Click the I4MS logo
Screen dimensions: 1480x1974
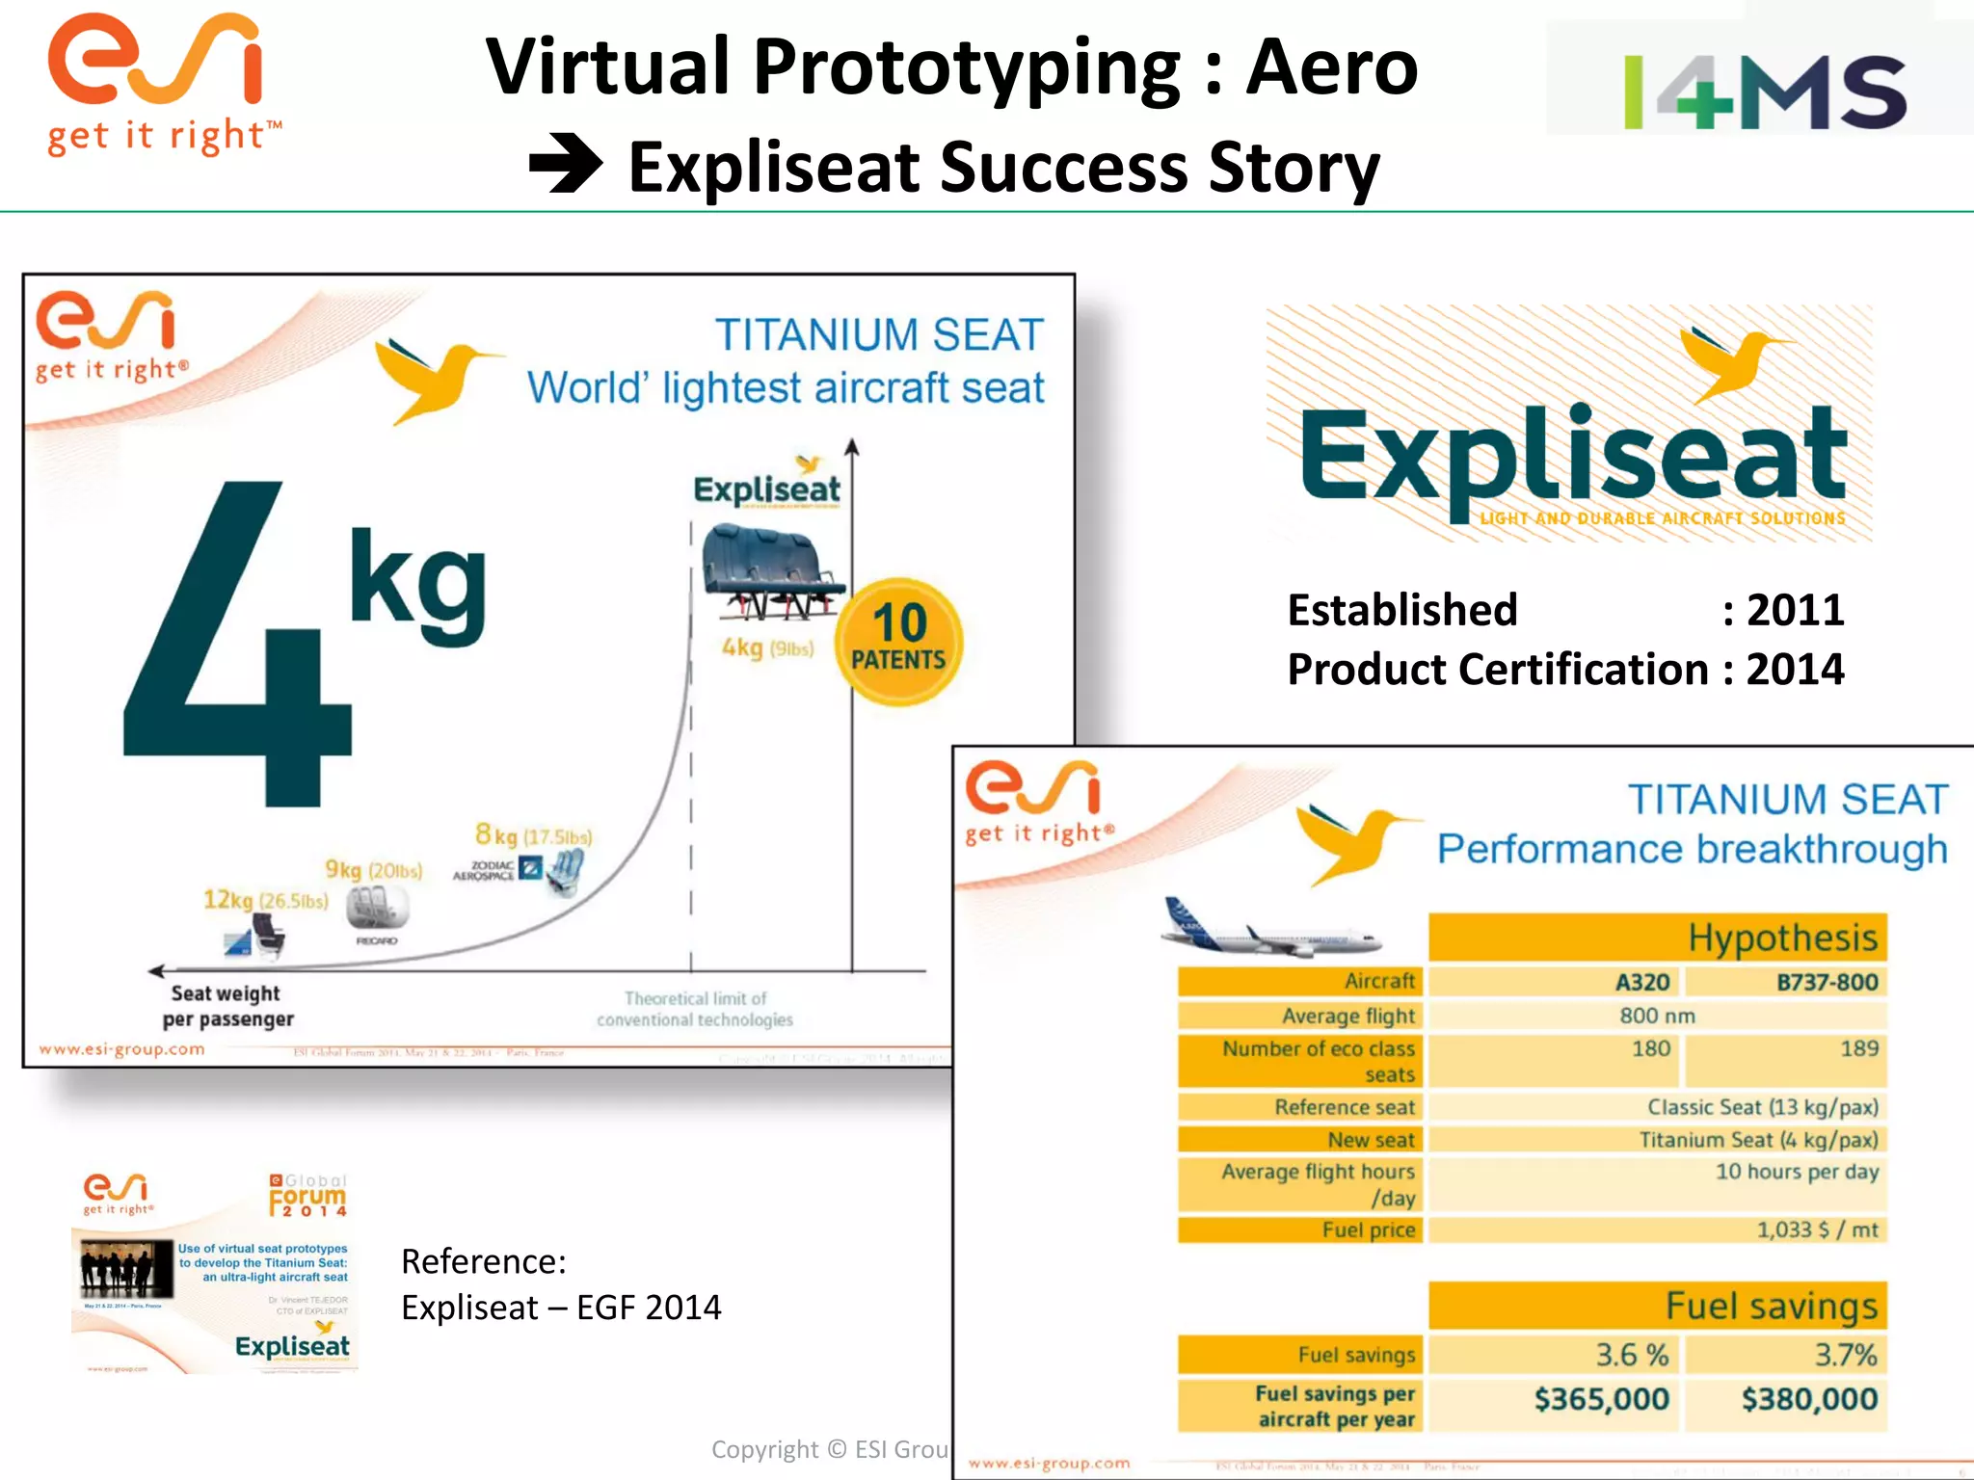tap(1764, 92)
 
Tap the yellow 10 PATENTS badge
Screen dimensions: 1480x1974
tap(898, 641)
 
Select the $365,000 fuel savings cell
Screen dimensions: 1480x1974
tap(1601, 1399)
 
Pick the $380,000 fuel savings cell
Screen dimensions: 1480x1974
tap(1808, 1399)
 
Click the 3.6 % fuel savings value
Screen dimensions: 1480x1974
tap(1631, 1355)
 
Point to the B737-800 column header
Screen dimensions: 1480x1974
tap(1827, 982)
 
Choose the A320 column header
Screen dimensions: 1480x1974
tap(1642, 982)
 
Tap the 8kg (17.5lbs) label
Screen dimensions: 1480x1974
tap(533, 834)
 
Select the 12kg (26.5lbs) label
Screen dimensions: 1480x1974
tap(265, 900)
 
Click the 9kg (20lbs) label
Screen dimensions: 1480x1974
tap(373, 870)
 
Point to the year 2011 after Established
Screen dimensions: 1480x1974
tap(1795, 610)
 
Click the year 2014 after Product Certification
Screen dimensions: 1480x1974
tap(1795, 670)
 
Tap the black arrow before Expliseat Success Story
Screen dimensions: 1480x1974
tap(566, 166)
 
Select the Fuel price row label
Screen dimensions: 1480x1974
tap(1368, 1229)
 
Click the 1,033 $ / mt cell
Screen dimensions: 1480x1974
tap(1817, 1229)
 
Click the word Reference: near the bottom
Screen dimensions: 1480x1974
tap(484, 1261)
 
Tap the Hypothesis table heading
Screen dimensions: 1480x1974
tap(1781, 938)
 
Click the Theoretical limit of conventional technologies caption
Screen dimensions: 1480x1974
tap(695, 1009)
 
